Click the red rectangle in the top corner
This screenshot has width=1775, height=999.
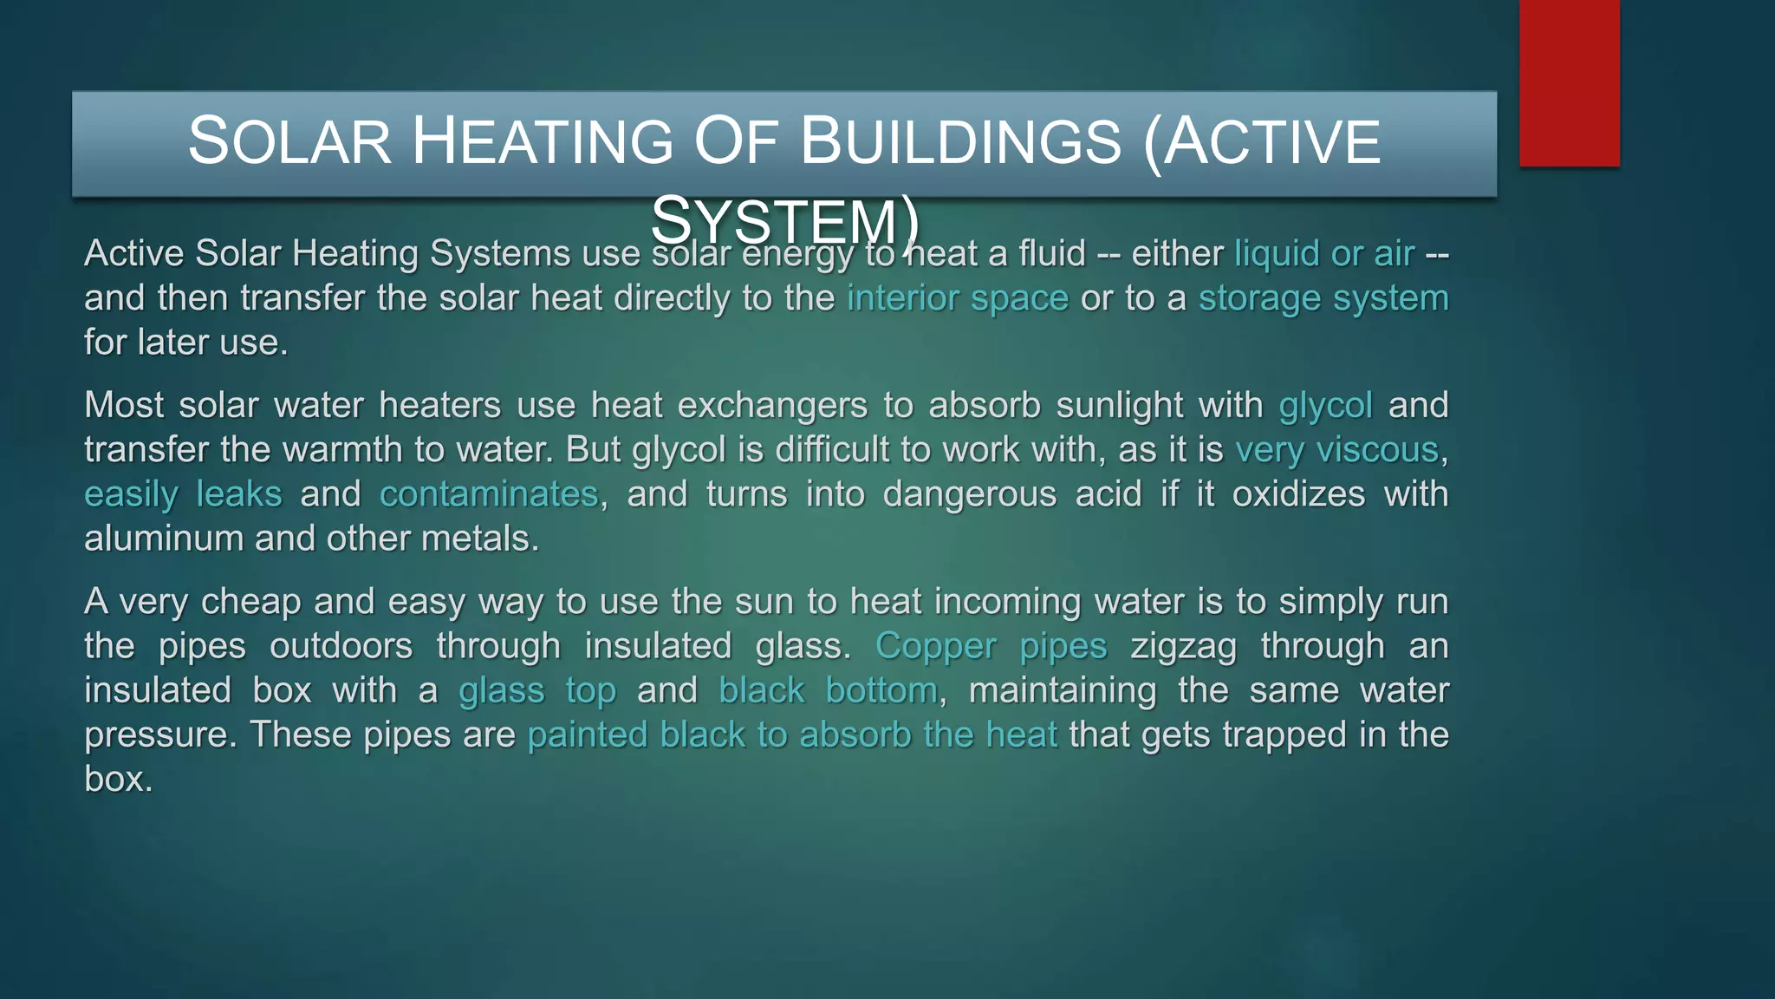pyautogui.click(x=1569, y=82)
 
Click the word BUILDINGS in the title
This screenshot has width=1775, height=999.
pyautogui.click(x=960, y=141)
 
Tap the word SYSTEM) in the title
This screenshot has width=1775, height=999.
pyautogui.click(x=784, y=221)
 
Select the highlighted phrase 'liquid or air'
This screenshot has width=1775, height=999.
pyautogui.click(x=1323, y=253)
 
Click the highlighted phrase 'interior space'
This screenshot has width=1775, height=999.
pyautogui.click(x=957, y=298)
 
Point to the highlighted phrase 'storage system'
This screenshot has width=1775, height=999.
pyautogui.click(x=1323, y=298)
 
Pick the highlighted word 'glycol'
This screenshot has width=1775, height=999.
pyautogui.click(x=1325, y=406)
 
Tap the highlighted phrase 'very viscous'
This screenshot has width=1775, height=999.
pyautogui.click(x=1336, y=450)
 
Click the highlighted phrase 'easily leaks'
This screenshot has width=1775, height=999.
pyautogui.click(x=183, y=494)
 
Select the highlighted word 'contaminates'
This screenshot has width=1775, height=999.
pyautogui.click(x=489, y=494)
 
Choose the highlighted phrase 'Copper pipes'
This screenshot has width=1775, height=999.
pyautogui.click(x=991, y=646)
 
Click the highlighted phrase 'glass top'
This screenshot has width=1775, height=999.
pyautogui.click(x=537, y=690)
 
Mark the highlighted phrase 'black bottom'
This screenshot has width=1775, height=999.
pyautogui.click(x=828, y=690)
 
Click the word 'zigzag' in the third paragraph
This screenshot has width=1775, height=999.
pyautogui.click(x=1183, y=646)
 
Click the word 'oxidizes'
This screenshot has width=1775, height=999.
pyautogui.click(x=1298, y=494)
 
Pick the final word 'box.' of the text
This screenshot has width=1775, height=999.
pyautogui.click(x=119, y=779)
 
